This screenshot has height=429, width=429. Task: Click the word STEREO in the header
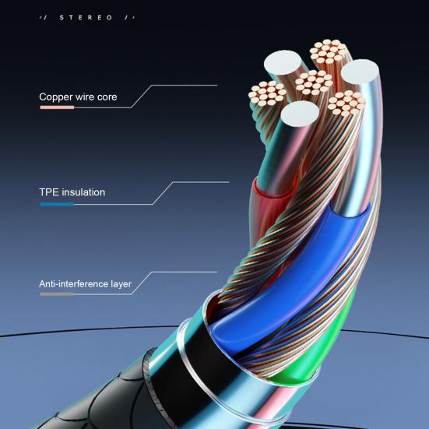[x=86, y=18]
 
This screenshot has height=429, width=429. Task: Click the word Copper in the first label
[x=56, y=97]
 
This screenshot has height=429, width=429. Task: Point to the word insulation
[x=83, y=192]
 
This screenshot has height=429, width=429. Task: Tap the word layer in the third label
[x=121, y=284]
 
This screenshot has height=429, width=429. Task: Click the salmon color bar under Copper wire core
[x=57, y=107]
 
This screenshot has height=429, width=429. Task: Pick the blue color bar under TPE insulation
[x=57, y=204]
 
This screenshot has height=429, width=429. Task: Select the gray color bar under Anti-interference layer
[x=57, y=294]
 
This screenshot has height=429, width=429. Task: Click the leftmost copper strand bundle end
[x=267, y=93]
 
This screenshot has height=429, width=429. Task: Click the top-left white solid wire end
[x=283, y=62]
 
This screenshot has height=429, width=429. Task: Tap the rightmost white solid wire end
[x=360, y=71]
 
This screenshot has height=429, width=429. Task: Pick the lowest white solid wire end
[x=300, y=114]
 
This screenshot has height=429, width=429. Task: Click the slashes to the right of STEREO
[x=129, y=18]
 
